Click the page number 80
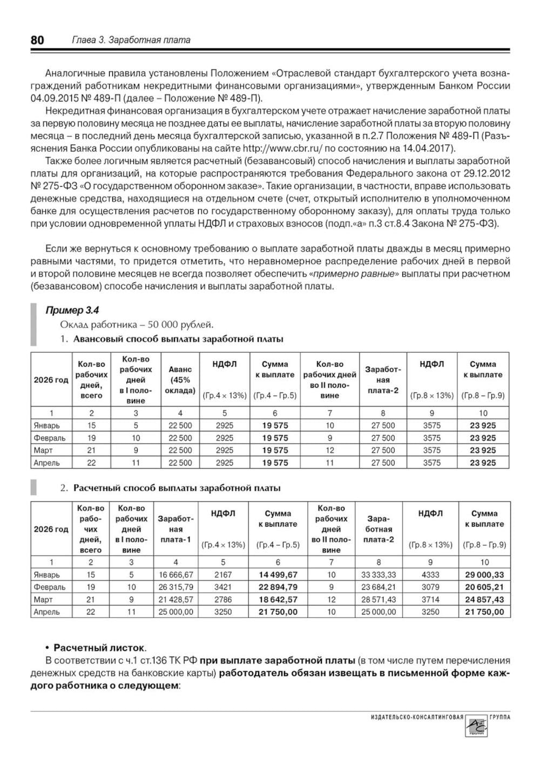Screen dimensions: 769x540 pyautogui.click(x=37, y=40)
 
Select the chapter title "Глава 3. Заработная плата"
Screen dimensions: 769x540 pyautogui.click(x=131, y=40)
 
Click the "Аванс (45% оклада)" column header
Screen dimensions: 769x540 pyautogui.click(x=180, y=380)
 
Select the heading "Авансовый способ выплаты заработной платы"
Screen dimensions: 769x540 pyautogui.click(x=178, y=339)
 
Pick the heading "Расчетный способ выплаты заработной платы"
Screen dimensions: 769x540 pyautogui.click(x=177, y=488)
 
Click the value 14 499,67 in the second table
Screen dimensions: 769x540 pyautogui.click(x=278, y=575)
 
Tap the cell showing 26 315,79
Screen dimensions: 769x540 pyautogui.click(x=175, y=587)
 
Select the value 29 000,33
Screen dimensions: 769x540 pyautogui.click(x=484, y=575)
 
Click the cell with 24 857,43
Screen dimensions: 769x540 pyautogui.click(x=484, y=599)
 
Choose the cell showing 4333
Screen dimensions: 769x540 pyautogui.click(x=430, y=575)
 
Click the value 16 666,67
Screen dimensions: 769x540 pyautogui.click(x=175, y=575)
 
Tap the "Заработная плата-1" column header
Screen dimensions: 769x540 pyautogui.click(x=175, y=529)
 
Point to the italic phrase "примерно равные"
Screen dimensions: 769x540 pyautogui.click(x=354, y=274)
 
